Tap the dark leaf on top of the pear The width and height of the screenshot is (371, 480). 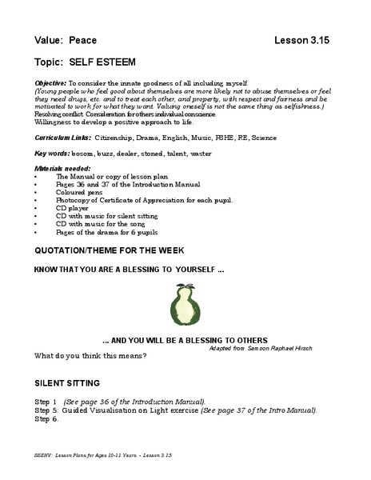tap(186, 286)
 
